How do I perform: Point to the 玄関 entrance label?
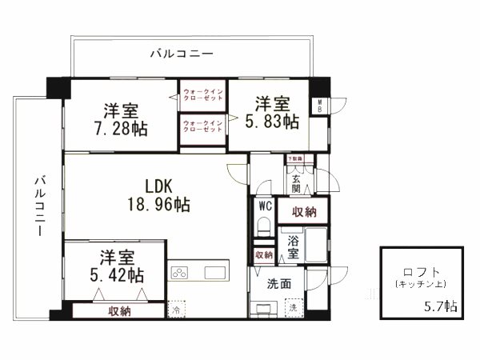295,185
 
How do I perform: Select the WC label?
265,206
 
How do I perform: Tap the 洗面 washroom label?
268,282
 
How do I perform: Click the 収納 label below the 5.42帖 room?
120,311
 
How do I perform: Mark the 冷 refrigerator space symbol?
175,310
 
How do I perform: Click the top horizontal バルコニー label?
182,54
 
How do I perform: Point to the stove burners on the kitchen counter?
180,272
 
